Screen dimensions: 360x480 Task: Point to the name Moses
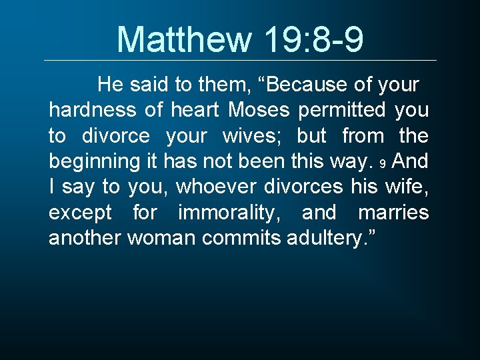(258, 110)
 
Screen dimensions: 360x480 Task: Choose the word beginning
(91, 161)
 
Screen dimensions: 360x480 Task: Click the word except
(81, 213)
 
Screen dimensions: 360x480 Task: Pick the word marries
(393, 213)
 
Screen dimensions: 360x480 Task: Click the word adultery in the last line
(324, 238)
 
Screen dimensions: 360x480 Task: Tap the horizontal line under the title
(240, 61)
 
